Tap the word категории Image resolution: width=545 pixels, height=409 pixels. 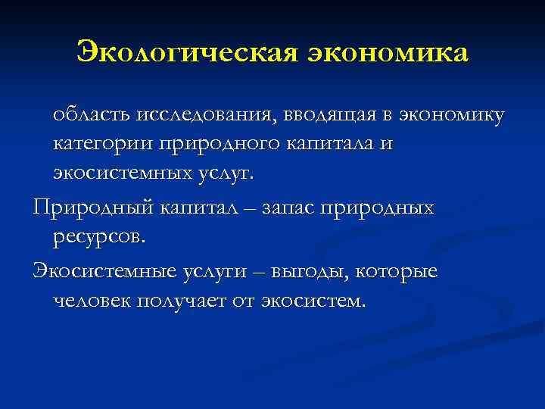click(101, 143)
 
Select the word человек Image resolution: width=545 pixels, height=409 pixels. click(98, 301)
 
